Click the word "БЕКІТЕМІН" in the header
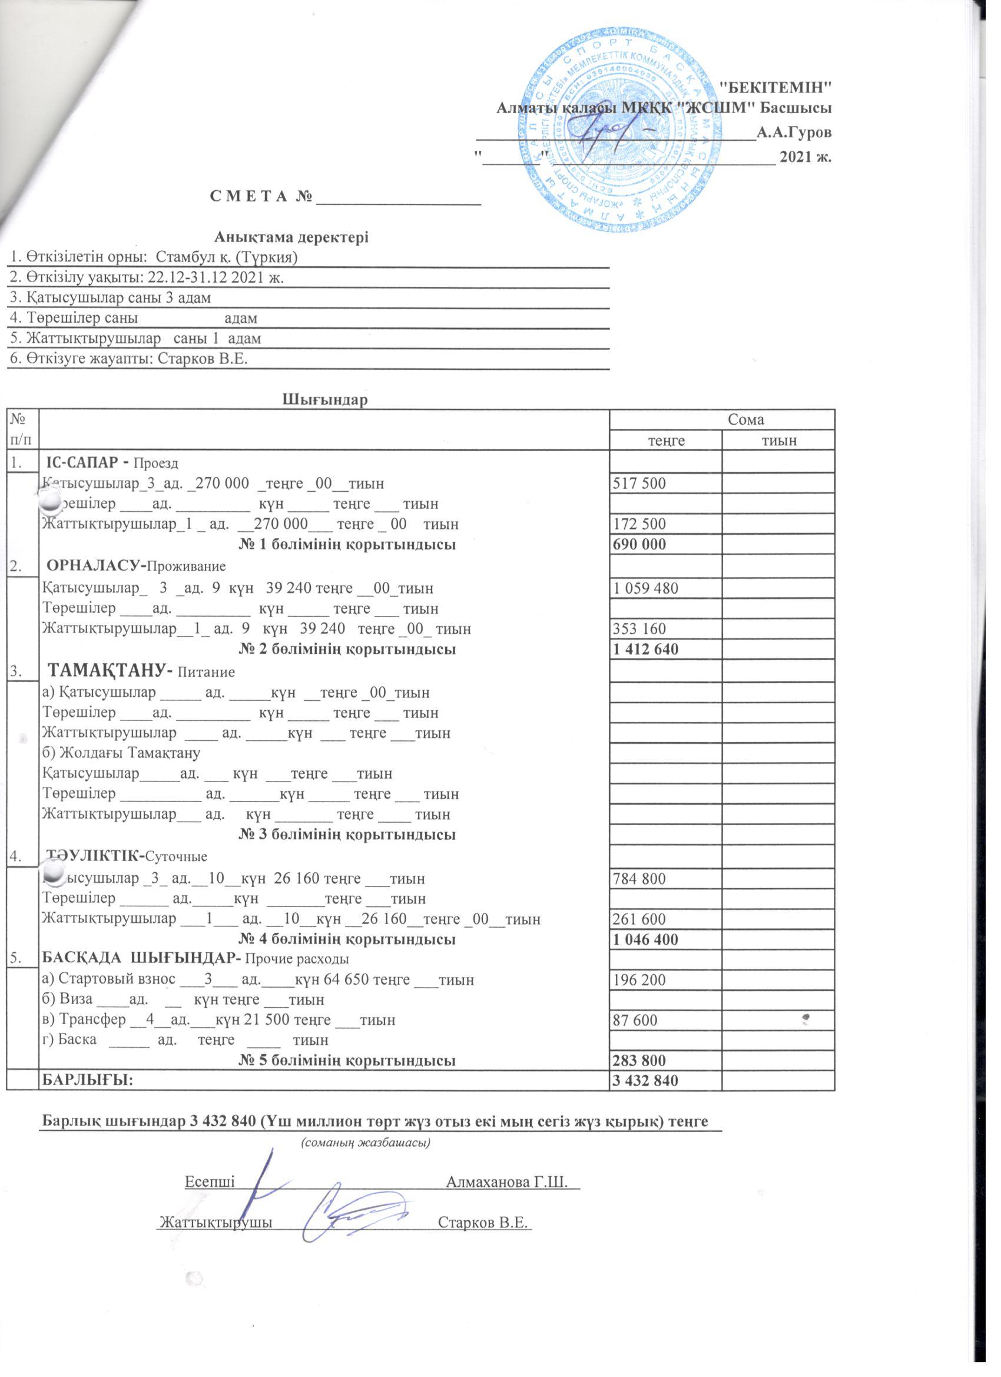[780, 85]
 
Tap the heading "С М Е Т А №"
[262, 198]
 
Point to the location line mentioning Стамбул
[152, 257]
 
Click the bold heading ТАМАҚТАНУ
[110, 671]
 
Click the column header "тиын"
[779, 440]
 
